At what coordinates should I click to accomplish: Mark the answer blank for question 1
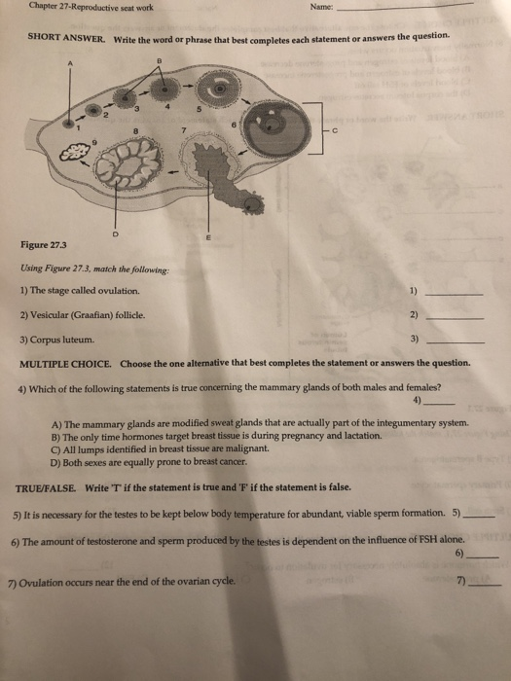click(x=456, y=292)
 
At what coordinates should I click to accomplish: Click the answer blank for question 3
click(x=456, y=341)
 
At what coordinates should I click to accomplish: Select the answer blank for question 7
click(x=484, y=584)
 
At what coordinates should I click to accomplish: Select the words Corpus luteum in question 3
click(x=62, y=340)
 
